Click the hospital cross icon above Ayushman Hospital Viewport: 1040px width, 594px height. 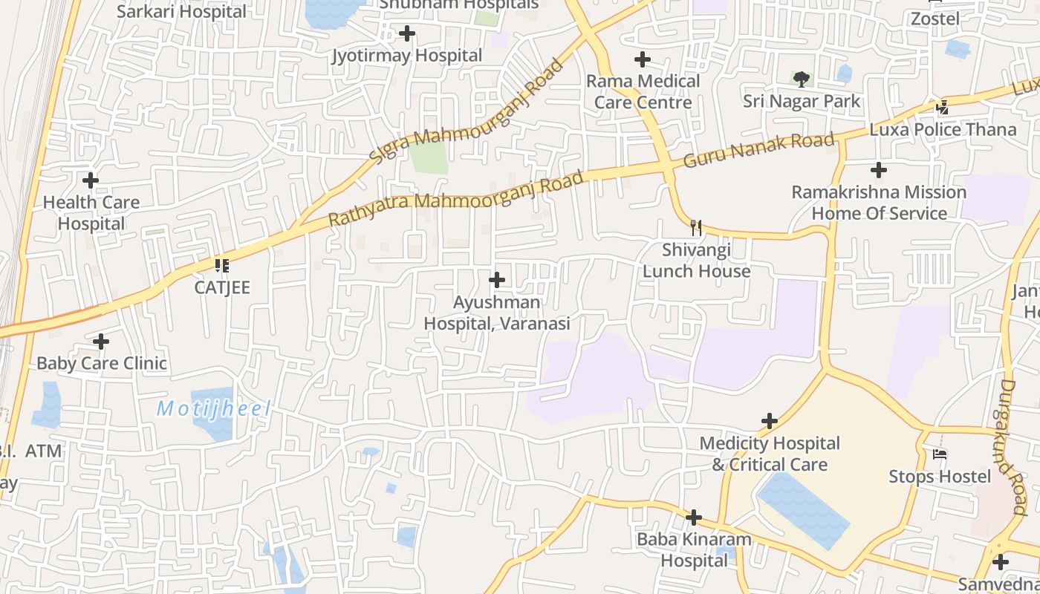[497, 280]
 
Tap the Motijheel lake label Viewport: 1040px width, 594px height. [213, 408]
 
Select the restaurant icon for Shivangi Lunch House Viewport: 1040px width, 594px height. [696, 227]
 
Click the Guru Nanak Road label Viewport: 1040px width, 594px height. [758, 150]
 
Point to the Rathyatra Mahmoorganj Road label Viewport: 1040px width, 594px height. [455, 199]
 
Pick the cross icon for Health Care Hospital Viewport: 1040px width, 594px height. [91, 180]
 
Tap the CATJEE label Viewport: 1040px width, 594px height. [222, 287]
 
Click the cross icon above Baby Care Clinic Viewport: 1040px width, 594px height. [101, 342]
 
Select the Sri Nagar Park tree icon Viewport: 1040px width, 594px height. [801, 78]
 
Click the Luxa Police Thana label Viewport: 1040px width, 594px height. [943, 129]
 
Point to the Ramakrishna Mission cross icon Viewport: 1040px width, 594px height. [879, 170]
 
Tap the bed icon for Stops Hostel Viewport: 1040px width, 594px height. [940, 454]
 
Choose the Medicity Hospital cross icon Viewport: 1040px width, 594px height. [770, 422]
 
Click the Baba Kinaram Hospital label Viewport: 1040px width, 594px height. [694, 549]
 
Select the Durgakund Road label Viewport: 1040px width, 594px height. [1013, 447]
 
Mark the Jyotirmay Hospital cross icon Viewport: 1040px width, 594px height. [407, 33]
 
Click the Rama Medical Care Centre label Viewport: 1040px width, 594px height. [643, 91]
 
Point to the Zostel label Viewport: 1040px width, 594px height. [935, 19]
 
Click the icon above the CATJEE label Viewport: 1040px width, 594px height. [221, 265]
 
